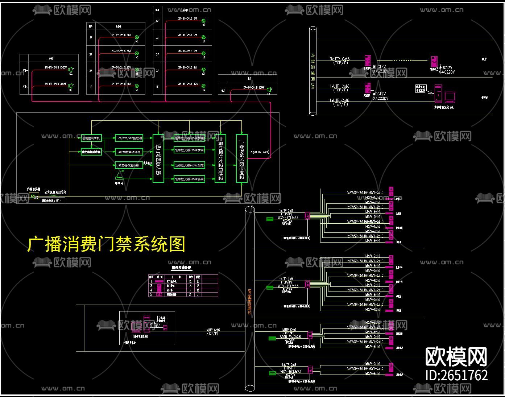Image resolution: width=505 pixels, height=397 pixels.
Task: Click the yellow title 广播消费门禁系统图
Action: point(106,244)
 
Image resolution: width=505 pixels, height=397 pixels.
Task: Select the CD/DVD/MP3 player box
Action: point(129,138)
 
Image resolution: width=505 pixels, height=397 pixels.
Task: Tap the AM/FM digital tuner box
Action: point(129,152)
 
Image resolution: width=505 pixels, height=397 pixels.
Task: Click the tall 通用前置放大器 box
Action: point(158,158)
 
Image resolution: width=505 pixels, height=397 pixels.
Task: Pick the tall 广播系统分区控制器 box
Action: point(241,158)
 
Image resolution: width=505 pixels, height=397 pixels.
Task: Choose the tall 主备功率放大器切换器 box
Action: point(220,158)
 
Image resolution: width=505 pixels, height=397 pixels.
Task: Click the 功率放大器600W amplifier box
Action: point(189,165)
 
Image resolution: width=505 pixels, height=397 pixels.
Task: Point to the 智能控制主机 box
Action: point(91,138)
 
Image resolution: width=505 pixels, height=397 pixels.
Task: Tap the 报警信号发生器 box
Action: point(129,165)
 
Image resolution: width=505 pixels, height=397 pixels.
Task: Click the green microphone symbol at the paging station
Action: point(119,177)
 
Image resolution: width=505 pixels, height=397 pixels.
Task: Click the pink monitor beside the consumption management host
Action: point(450,97)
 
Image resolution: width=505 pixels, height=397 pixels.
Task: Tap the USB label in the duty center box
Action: point(157,326)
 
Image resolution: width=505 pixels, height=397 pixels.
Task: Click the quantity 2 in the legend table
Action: point(198,295)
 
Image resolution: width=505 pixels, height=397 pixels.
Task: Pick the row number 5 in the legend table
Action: point(152,295)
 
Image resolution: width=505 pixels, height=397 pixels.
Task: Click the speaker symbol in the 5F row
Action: point(203,21)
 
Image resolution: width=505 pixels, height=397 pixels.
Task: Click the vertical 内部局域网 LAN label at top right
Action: point(312,71)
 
